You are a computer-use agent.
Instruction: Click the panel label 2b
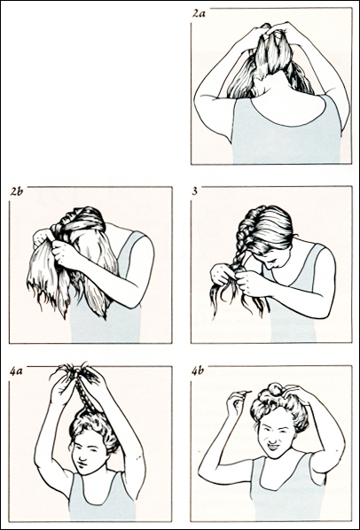17,192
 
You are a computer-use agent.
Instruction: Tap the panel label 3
195,191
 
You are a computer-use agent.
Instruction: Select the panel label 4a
16,372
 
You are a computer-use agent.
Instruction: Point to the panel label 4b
198,371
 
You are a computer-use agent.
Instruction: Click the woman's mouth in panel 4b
273,448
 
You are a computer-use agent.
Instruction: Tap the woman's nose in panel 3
270,266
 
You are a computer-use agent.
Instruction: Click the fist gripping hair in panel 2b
63,253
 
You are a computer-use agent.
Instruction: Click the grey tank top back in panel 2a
286,136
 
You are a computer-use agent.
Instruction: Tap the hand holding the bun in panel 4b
299,394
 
